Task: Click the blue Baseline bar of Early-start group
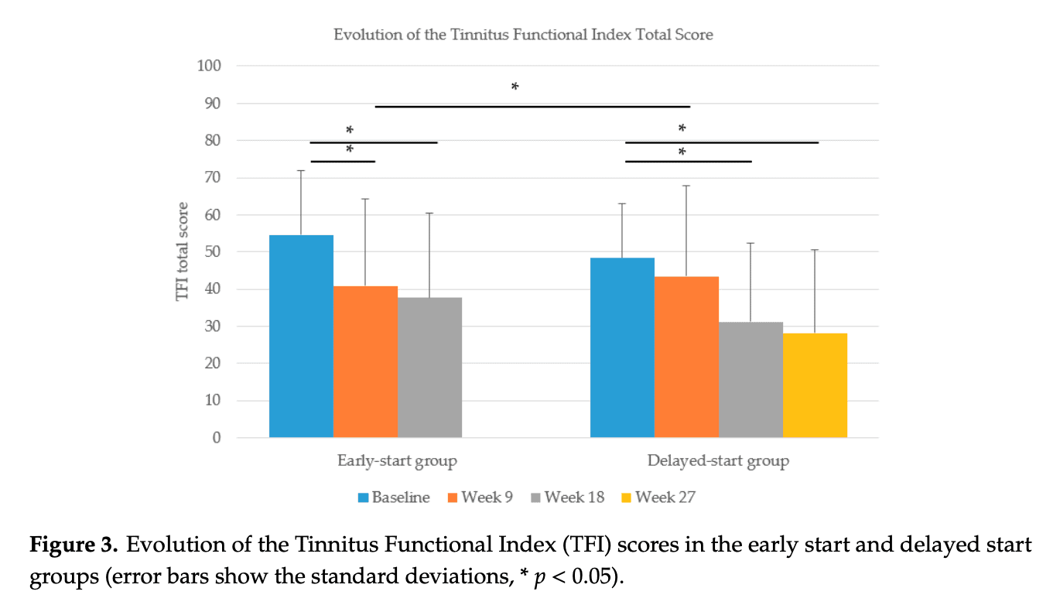(301, 337)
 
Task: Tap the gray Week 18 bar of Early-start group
(429, 367)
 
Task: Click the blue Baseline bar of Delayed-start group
(622, 348)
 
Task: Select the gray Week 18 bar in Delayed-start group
(751, 380)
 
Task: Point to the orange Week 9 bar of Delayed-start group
(686, 357)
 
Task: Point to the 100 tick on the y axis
(208, 67)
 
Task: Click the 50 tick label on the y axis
(212, 252)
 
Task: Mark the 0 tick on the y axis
(216, 438)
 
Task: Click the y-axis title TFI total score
(183, 251)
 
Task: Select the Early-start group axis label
(397, 462)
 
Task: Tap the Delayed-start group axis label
(718, 462)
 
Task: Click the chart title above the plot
(523, 35)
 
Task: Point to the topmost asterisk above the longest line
(515, 87)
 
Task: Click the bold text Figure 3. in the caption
(74, 545)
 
